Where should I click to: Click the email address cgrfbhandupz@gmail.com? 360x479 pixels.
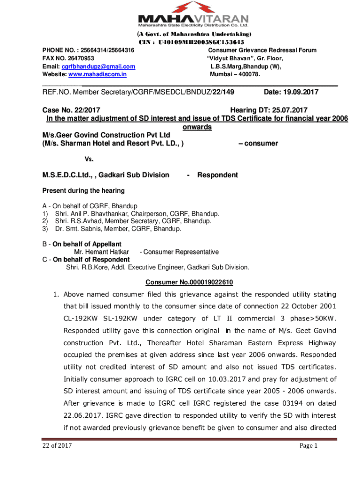pos(99,66)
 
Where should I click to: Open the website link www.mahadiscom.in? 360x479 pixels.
pos(98,74)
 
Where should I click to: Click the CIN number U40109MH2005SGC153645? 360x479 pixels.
pos(202,42)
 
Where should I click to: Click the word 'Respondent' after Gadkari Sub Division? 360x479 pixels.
pos(217,175)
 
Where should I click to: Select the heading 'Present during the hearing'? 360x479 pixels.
pos(84,190)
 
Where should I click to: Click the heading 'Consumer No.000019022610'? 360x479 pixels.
pos(189,283)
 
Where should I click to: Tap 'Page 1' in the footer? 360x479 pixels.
pos(308,446)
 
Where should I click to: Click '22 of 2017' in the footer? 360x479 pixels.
pos(55,446)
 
